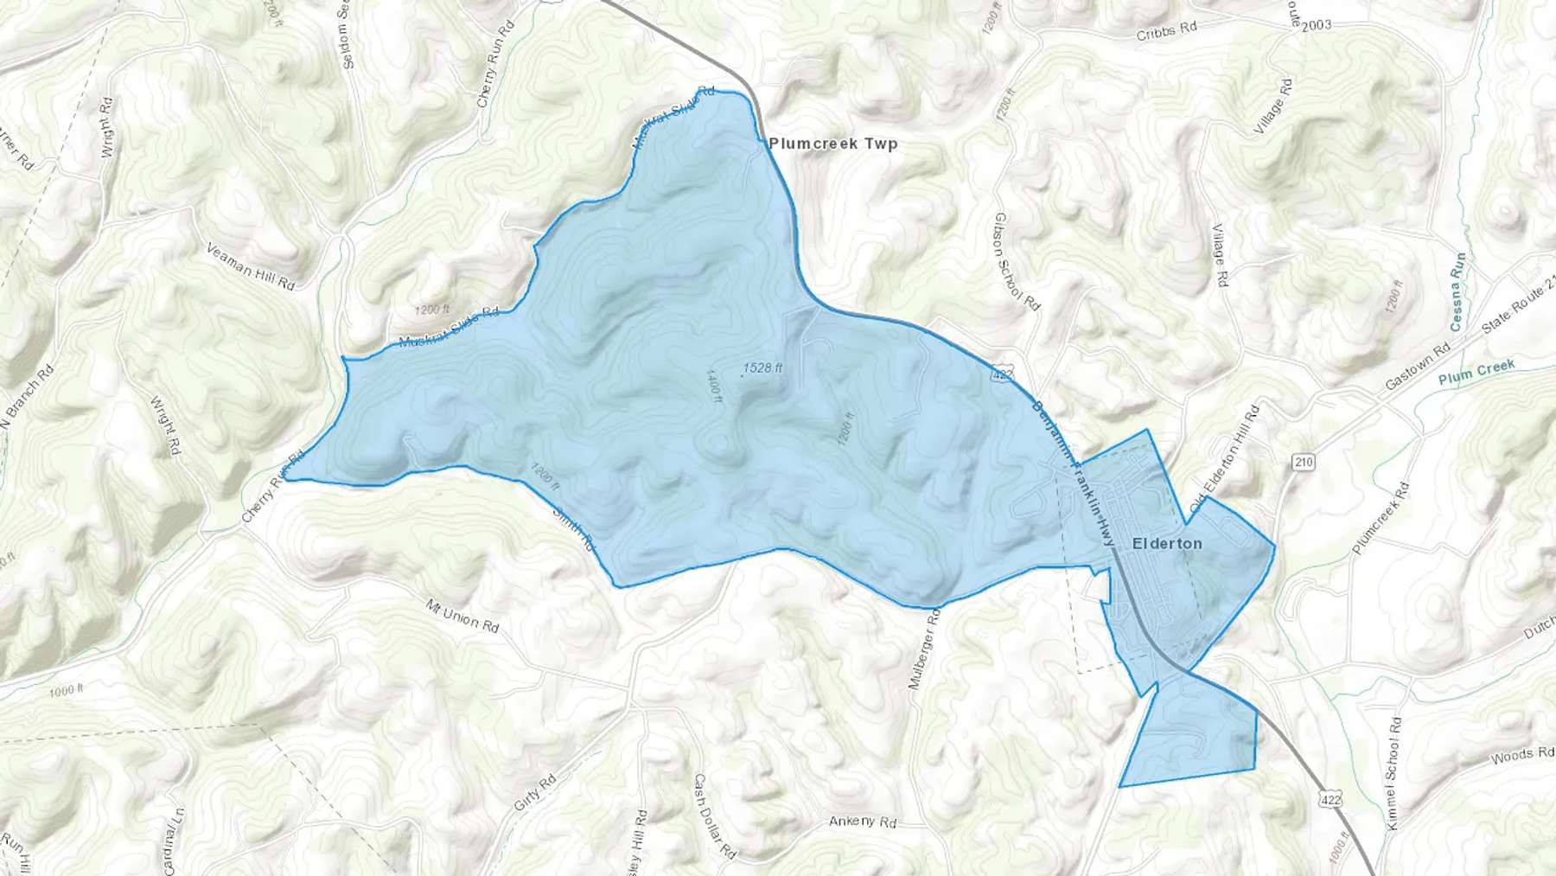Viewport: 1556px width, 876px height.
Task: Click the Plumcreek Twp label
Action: click(x=833, y=144)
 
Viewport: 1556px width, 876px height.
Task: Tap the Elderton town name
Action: click(x=1167, y=543)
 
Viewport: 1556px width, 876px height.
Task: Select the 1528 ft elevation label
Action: click(x=762, y=368)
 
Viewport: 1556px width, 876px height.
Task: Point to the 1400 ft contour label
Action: click(x=713, y=388)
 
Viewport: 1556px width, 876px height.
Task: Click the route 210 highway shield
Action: click(x=1304, y=462)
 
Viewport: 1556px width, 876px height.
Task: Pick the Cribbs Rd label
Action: click(x=1166, y=31)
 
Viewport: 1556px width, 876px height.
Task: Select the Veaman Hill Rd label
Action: click(x=251, y=266)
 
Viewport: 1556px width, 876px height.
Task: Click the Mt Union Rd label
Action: click(x=462, y=615)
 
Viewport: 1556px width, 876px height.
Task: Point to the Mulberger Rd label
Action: click(x=923, y=649)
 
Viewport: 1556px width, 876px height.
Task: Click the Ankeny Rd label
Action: click(x=863, y=821)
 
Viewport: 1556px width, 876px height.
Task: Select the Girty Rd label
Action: click(x=533, y=792)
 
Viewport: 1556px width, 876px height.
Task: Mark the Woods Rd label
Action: click(x=1522, y=756)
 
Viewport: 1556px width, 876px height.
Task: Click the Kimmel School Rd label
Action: click(x=1393, y=773)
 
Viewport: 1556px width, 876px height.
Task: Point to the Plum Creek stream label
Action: click(x=1476, y=372)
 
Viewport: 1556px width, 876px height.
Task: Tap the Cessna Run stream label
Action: click(x=1457, y=291)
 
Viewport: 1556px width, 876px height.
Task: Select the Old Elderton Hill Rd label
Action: click(x=1225, y=457)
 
